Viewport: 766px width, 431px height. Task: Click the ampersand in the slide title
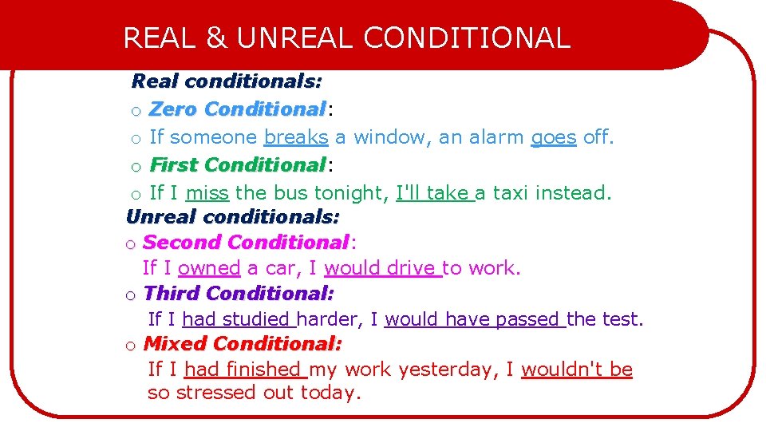[x=215, y=38]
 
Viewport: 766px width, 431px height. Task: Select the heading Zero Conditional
[x=237, y=109]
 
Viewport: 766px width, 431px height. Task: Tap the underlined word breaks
[x=296, y=137]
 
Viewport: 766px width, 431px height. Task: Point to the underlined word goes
[x=553, y=137]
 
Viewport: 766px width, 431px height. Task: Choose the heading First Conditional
[x=237, y=165]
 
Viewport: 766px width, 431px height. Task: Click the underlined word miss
[x=207, y=192]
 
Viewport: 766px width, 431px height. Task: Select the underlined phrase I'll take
[x=432, y=192]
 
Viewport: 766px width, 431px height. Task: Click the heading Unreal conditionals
[x=232, y=216]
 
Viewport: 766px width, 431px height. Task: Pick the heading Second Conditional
[x=246, y=242]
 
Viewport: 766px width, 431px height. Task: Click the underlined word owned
[x=209, y=268]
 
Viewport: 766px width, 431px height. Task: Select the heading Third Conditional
[x=239, y=293]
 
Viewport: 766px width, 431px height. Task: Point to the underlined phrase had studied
[x=236, y=319]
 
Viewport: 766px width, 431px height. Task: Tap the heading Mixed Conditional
[x=243, y=344]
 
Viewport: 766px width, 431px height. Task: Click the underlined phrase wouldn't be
[x=576, y=370]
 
